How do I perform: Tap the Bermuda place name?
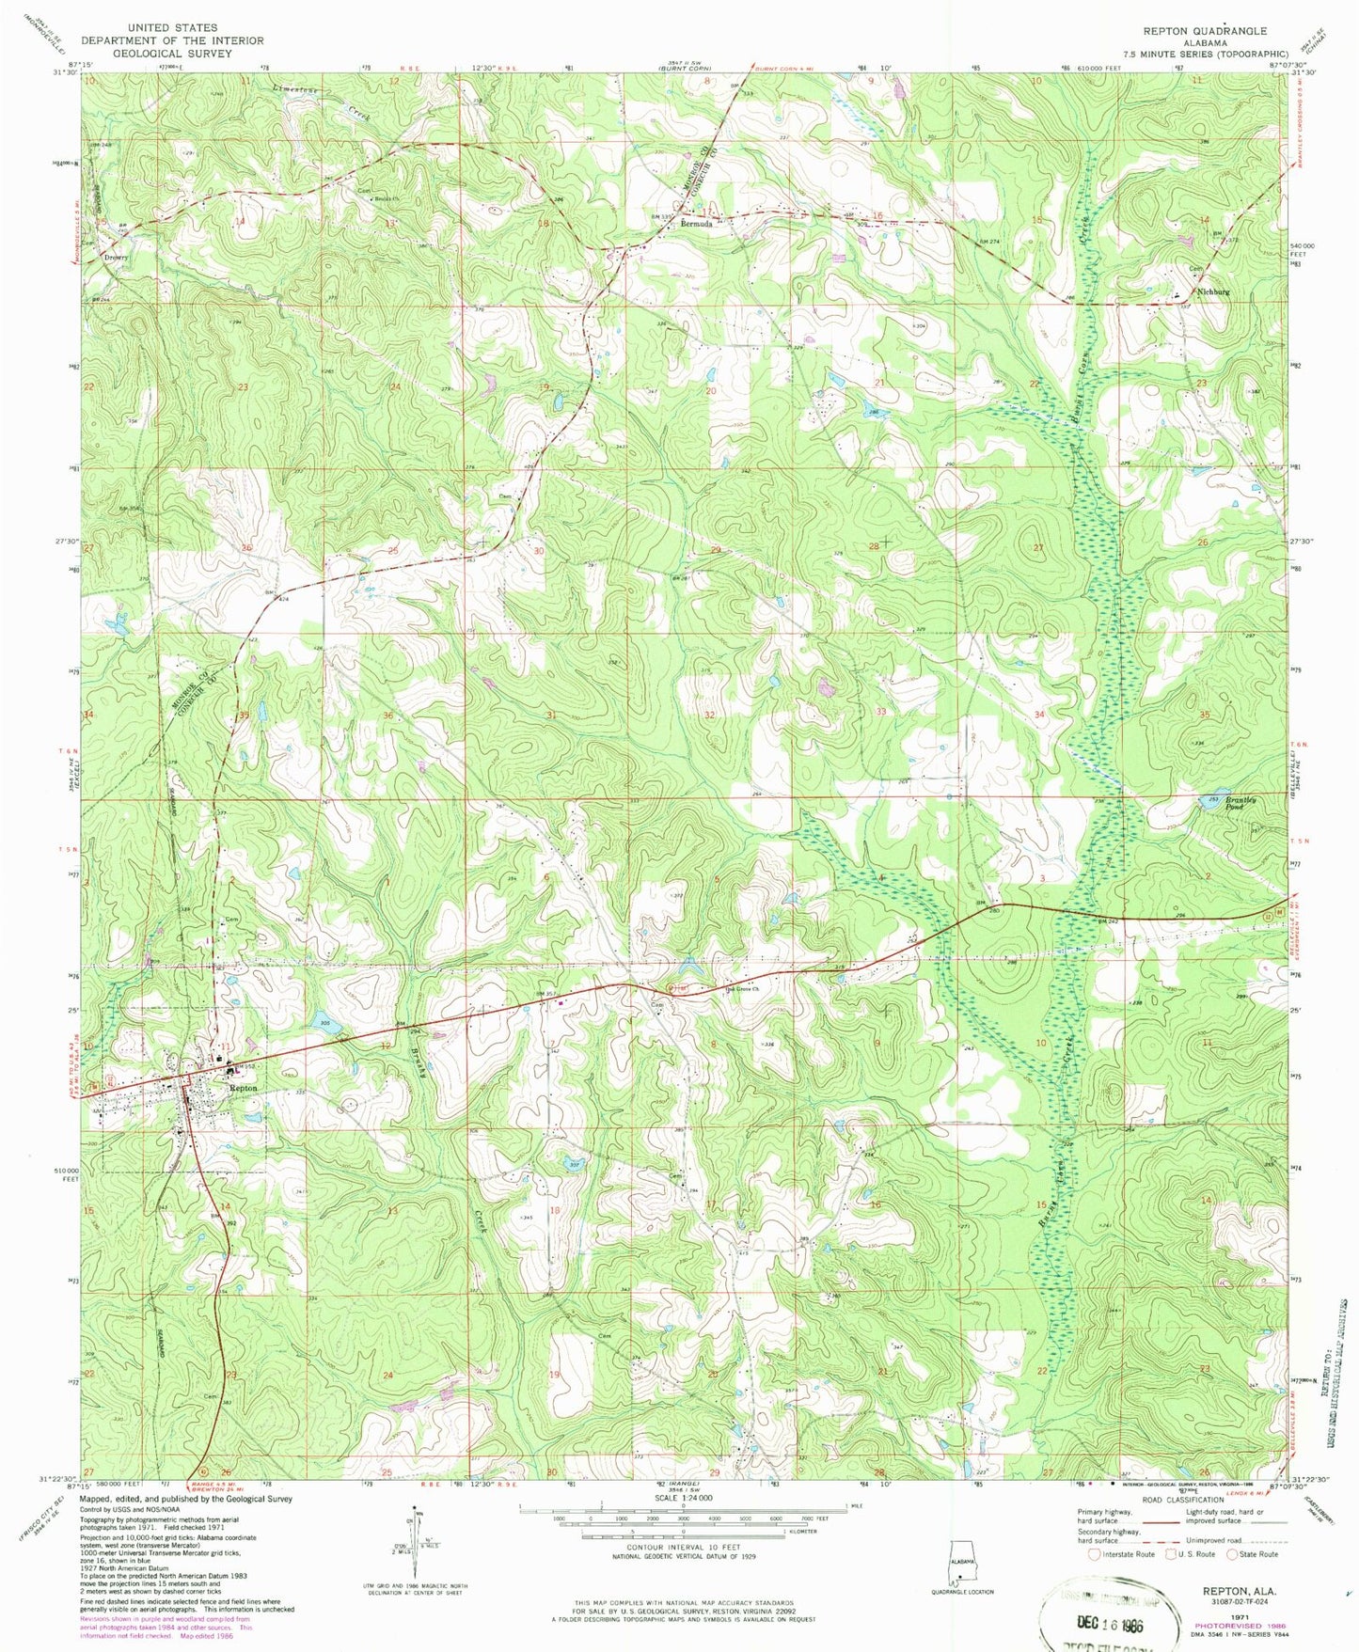click(697, 226)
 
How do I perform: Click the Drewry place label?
click(117, 257)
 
